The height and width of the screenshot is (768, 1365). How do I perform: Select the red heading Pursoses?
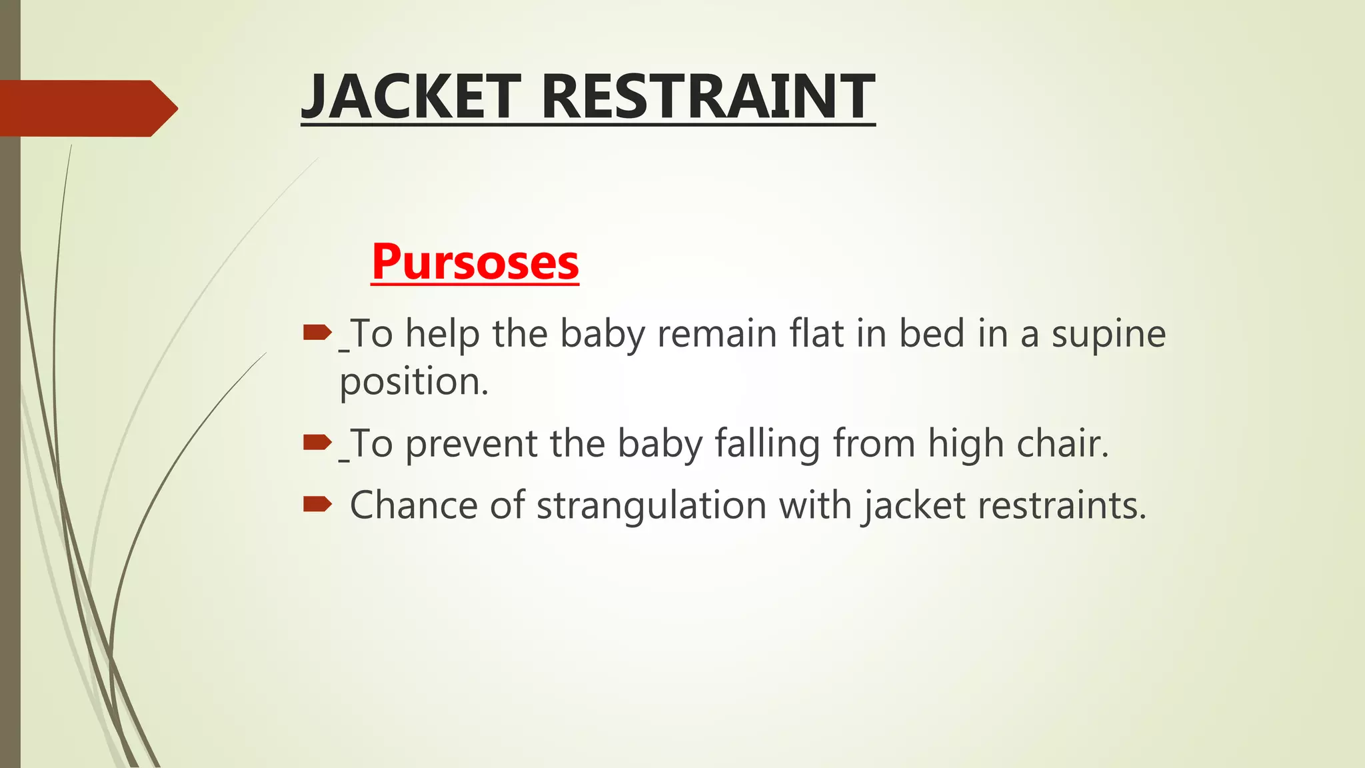475,262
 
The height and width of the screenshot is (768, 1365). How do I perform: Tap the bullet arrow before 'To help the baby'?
317,331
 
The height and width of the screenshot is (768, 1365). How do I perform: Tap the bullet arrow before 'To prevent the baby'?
317,441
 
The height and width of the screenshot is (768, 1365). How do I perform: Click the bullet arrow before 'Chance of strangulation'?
317,503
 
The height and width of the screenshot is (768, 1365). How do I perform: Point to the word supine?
1108,335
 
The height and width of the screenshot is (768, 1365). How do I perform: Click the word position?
414,382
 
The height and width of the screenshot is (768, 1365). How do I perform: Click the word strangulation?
651,505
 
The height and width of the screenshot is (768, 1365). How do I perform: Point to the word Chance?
413,505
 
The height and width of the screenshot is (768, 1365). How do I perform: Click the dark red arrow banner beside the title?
87,108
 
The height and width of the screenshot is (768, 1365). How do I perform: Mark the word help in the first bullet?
443,334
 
